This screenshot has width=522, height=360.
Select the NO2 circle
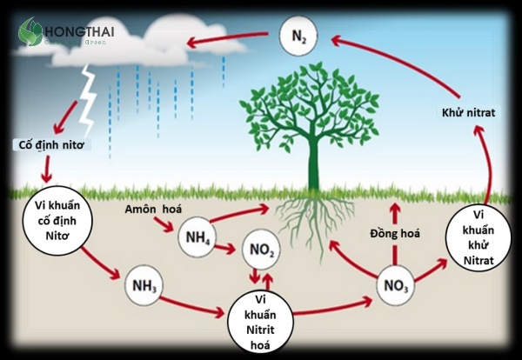262,251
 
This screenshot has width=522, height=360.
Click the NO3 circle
395,284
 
